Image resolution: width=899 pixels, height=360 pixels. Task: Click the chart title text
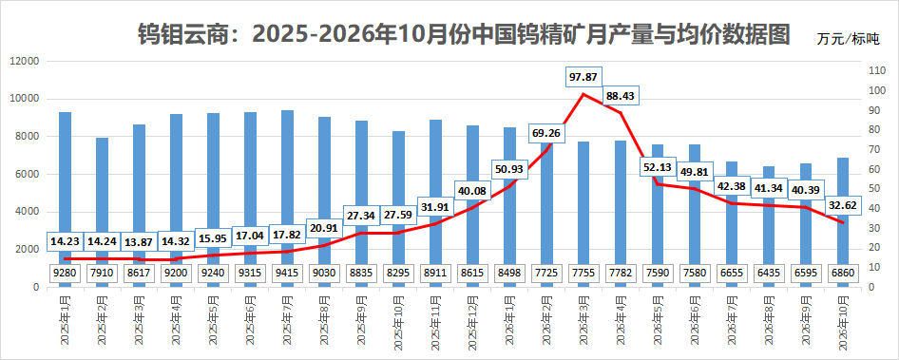coord(464,34)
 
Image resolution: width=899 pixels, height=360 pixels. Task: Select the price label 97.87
coord(583,77)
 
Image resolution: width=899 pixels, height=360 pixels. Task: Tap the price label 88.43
coord(620,96)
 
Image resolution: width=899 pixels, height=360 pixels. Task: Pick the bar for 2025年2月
coord(102,212)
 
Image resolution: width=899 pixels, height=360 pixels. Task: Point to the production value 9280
coord(65,273)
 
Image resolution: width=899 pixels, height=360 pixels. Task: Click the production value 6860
coord(843,273)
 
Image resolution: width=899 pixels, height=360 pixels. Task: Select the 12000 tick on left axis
coord(25,62)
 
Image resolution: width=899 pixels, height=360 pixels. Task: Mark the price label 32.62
coord(842,204)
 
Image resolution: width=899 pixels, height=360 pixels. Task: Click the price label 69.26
coord(545,134)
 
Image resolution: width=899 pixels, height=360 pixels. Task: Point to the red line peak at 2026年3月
coord(583,93)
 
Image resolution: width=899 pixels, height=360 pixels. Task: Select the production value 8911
coord(435,273)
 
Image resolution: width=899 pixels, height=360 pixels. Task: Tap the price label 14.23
coord(65,240)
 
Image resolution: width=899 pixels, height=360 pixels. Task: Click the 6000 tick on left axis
coord(27,174)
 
